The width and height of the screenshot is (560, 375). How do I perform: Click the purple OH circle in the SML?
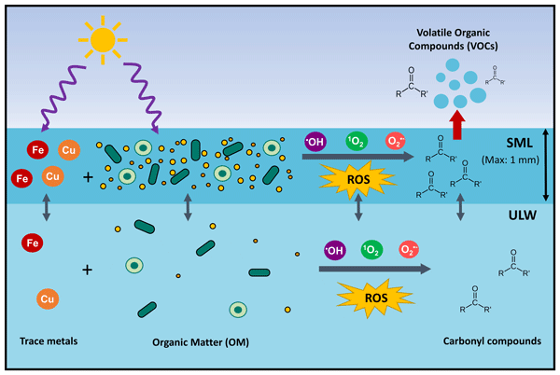point(315,143)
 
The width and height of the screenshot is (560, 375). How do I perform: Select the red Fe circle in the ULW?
point(31,243)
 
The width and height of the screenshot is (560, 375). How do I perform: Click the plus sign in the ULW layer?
point(87,270)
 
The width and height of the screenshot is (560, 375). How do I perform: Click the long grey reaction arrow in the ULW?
point(373,270)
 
